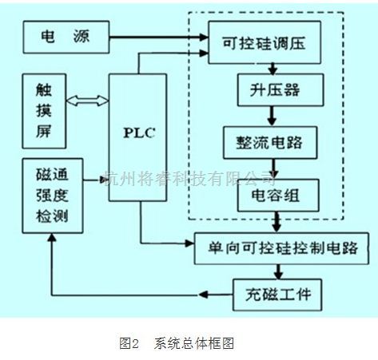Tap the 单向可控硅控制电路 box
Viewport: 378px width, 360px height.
[x=273, y=245]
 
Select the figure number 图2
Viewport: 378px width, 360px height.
[x=129, y=344]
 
